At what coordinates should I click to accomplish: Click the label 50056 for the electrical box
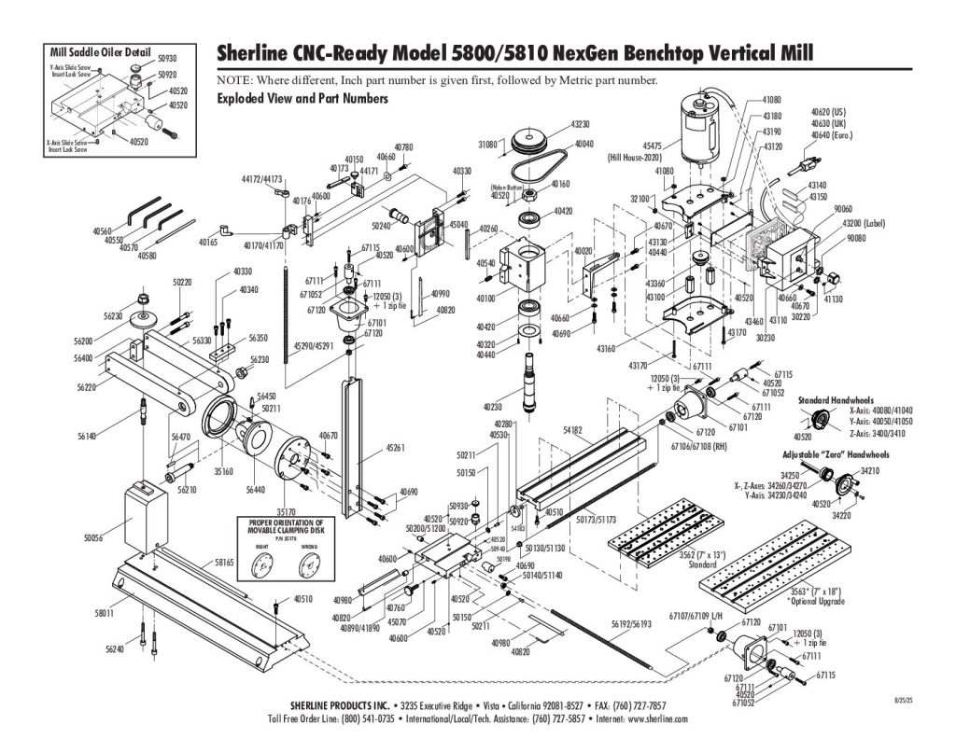(95, 538)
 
